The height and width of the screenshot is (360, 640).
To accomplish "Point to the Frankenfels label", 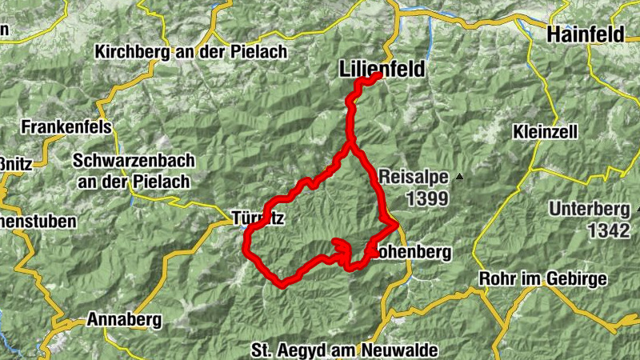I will [x=66, y=127].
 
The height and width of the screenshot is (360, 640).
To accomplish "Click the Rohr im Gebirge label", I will [x=542, y=278].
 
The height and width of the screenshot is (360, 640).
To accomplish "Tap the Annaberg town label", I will [x=124, y=320].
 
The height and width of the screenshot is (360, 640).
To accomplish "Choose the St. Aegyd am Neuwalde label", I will [x=344, y=350].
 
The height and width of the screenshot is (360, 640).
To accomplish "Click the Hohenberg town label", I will [x=413, y=252].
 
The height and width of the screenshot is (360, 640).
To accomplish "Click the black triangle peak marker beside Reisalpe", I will [x=459, y=176].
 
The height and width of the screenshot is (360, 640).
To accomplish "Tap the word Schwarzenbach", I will [x=134, y=161].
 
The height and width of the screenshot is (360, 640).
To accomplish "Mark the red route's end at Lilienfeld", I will [x=378, y=76].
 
